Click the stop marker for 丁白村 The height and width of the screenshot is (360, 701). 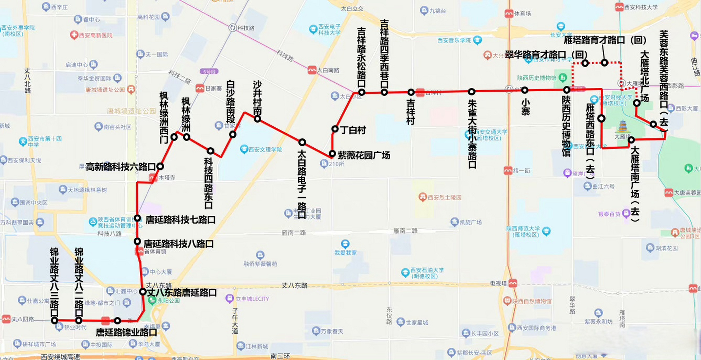pyautogui.click(x=335, y=129)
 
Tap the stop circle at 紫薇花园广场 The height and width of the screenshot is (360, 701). pyautogui.click(x=332, y=154)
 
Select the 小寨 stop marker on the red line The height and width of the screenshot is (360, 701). pyautogui.click(x=525, y=90)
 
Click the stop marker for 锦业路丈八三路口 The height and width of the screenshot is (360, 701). pyautogui.click(x=55, y=320)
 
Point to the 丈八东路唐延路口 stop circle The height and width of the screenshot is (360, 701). pyautogui.click(x=143, y=292)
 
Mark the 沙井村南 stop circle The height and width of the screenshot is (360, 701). pyautogui.click(x=257, y=119)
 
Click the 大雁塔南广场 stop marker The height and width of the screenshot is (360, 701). pyautogui.click(x=631, y=140)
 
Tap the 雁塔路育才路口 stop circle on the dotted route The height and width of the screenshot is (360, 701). pyautogui.click(x=604, y=63)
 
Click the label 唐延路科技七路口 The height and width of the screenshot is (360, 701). pyautogui.click(x=180, y=220)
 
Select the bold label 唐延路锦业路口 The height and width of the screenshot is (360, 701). pyautogui.click(x=126, y=332)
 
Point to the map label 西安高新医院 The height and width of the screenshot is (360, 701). pyautogui.click(x=95, y=35)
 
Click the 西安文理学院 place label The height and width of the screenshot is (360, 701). pyautogui.click(x=265, y=150)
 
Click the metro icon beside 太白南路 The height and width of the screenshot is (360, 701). pyautogui.click(x=312, y=70)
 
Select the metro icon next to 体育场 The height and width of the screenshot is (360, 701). pyautogui.click(x=509, y=13)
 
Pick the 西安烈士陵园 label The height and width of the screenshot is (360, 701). pyautogui.click(x=445, y=197)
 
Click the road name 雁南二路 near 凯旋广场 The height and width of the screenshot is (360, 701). pyautogui.click(x=405, y=231)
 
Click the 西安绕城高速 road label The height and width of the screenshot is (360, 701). pyautogui.click(x=61, y=357)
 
